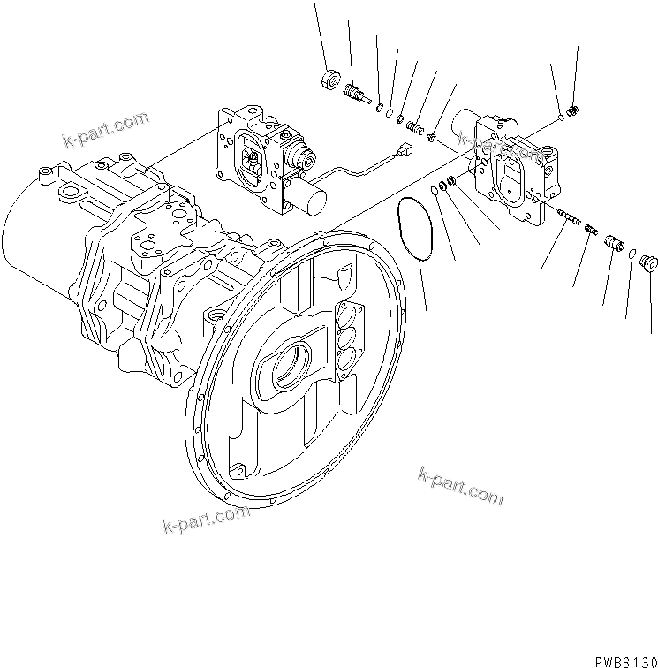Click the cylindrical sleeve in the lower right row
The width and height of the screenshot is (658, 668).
click(x=613, y=242)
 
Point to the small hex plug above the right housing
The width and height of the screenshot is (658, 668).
click(x=573, y=110)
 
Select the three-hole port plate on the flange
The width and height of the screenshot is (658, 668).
click(x=347, y=337)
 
